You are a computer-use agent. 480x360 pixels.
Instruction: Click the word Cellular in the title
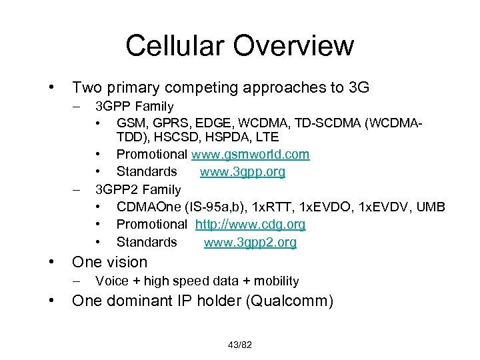pos(176,45)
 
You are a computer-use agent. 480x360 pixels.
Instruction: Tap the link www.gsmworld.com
pos(250,155)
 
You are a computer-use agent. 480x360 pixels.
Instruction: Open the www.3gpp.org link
pos(242,172)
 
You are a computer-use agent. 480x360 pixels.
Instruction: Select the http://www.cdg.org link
pos(250,225)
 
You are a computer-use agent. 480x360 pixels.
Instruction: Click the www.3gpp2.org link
pos(250,242)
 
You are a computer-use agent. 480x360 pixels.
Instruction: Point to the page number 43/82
pos(239,344)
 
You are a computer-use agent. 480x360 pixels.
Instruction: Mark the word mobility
pos(273,281)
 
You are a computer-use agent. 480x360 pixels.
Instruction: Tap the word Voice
pos(112,281)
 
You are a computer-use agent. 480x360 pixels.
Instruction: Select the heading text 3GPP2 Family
pos(138,189)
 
